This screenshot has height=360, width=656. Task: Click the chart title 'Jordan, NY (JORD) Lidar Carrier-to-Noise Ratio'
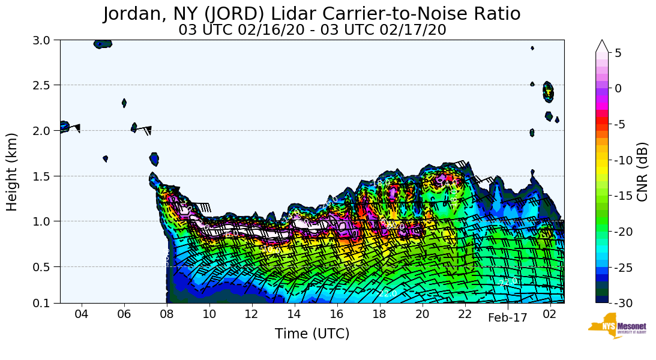click(x=311, y=14)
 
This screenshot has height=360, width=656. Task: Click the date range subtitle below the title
click(x=312, y=30)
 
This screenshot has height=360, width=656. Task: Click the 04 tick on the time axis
click(x=82, y=315)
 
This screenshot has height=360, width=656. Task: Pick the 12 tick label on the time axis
click(x=252, y=315)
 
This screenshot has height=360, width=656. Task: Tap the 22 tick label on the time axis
click(x=465, y=315)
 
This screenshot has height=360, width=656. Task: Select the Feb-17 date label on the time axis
click(x=507, y=318)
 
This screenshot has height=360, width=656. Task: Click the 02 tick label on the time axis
click(x=550, y=315)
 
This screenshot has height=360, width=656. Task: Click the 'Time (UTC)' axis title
click(x=312, y=334)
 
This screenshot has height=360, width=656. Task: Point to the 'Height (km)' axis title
click(x=13, y=172)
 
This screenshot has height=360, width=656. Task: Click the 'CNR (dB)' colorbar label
click(x=642, y=172)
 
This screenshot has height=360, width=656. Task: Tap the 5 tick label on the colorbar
click(x=618, y=53)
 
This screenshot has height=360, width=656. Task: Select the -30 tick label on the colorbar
click(x=622, y=304)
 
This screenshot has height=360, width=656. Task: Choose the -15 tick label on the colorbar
click(x=622, y=196)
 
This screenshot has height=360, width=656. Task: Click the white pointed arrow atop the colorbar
click(x=602, y=46)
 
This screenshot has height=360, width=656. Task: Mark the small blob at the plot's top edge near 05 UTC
click(x=103, y=44)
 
